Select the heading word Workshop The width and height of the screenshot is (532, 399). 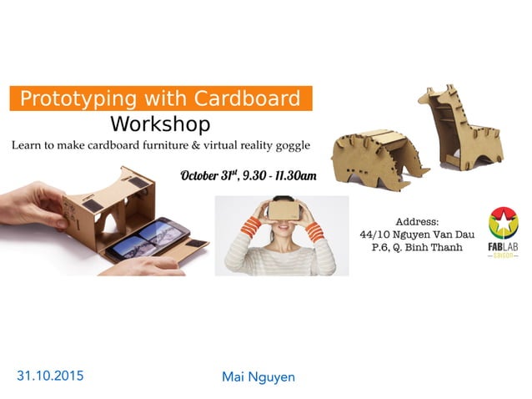point(160,124)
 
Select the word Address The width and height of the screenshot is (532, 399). point(417,222)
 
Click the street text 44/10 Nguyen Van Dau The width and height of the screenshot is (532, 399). point(417,235)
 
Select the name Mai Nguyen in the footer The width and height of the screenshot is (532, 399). point(258,376)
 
